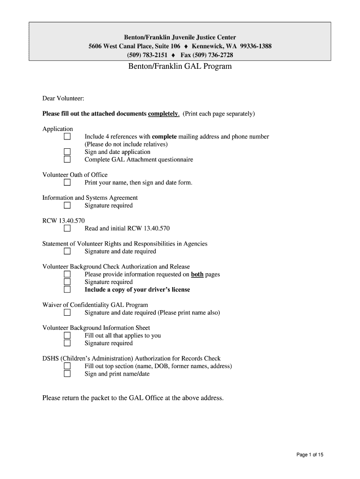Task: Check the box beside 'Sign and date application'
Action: pyautogui.click(x=67, y=152)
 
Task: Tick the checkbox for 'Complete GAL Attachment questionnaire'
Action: pyautogui.click(x=67, y=160)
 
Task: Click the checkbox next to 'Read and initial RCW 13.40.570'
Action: pyautogui.click(x=67, y=229)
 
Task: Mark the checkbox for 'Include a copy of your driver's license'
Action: pyautogui.click(x=67, y=290)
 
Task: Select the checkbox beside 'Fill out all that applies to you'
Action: pyautogui.click(x=67, y=335)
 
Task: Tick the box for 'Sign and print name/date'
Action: pyautogui.click(x=67, y=374)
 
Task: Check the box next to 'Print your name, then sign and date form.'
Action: pyautogui.click(x=67, y=182)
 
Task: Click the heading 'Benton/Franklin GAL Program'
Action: pyautogui.click(x=180, y=66)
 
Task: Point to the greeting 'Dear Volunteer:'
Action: pyautogui.click(x=63, y=98)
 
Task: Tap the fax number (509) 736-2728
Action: pyautogui.click(x=213, y=55)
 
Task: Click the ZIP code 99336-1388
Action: pyautogui.click(x=256, y=46)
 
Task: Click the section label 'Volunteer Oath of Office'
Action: pyautogui.click(x=75, y=175)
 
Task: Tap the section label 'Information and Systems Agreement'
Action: pyautogui.click(x=90, y=198)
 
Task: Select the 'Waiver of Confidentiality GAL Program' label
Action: pyautogui.click(x=95, y=305)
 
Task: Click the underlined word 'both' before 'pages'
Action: pyautogui.click(x=197, y=275)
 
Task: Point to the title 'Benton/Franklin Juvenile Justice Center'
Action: pyautogui.click(x=180, y=37)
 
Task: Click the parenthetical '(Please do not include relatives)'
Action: pyautogui.click(x=126, y=145)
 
